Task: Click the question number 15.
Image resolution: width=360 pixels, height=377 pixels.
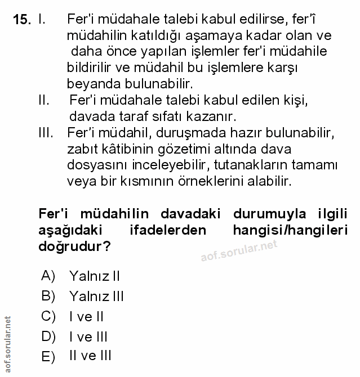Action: (x=22, y=20)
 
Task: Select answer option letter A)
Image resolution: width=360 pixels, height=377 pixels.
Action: (x=48, y=276)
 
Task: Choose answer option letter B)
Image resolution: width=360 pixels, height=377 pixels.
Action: (x=48, y=296)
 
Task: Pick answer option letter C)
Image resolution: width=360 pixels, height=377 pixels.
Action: (x=48, y=316)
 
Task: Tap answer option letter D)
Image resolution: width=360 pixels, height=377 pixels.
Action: (x=48, y=336)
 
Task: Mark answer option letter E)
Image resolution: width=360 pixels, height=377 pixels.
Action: (x=48, y=357)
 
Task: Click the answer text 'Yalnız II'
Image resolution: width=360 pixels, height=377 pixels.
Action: (x=94, y=276)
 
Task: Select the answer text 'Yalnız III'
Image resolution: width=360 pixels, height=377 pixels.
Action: (x=96, y=297)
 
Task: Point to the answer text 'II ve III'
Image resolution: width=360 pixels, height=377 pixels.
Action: (x=90, y=356)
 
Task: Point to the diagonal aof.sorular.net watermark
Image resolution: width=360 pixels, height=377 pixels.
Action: (x=239, y=253)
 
